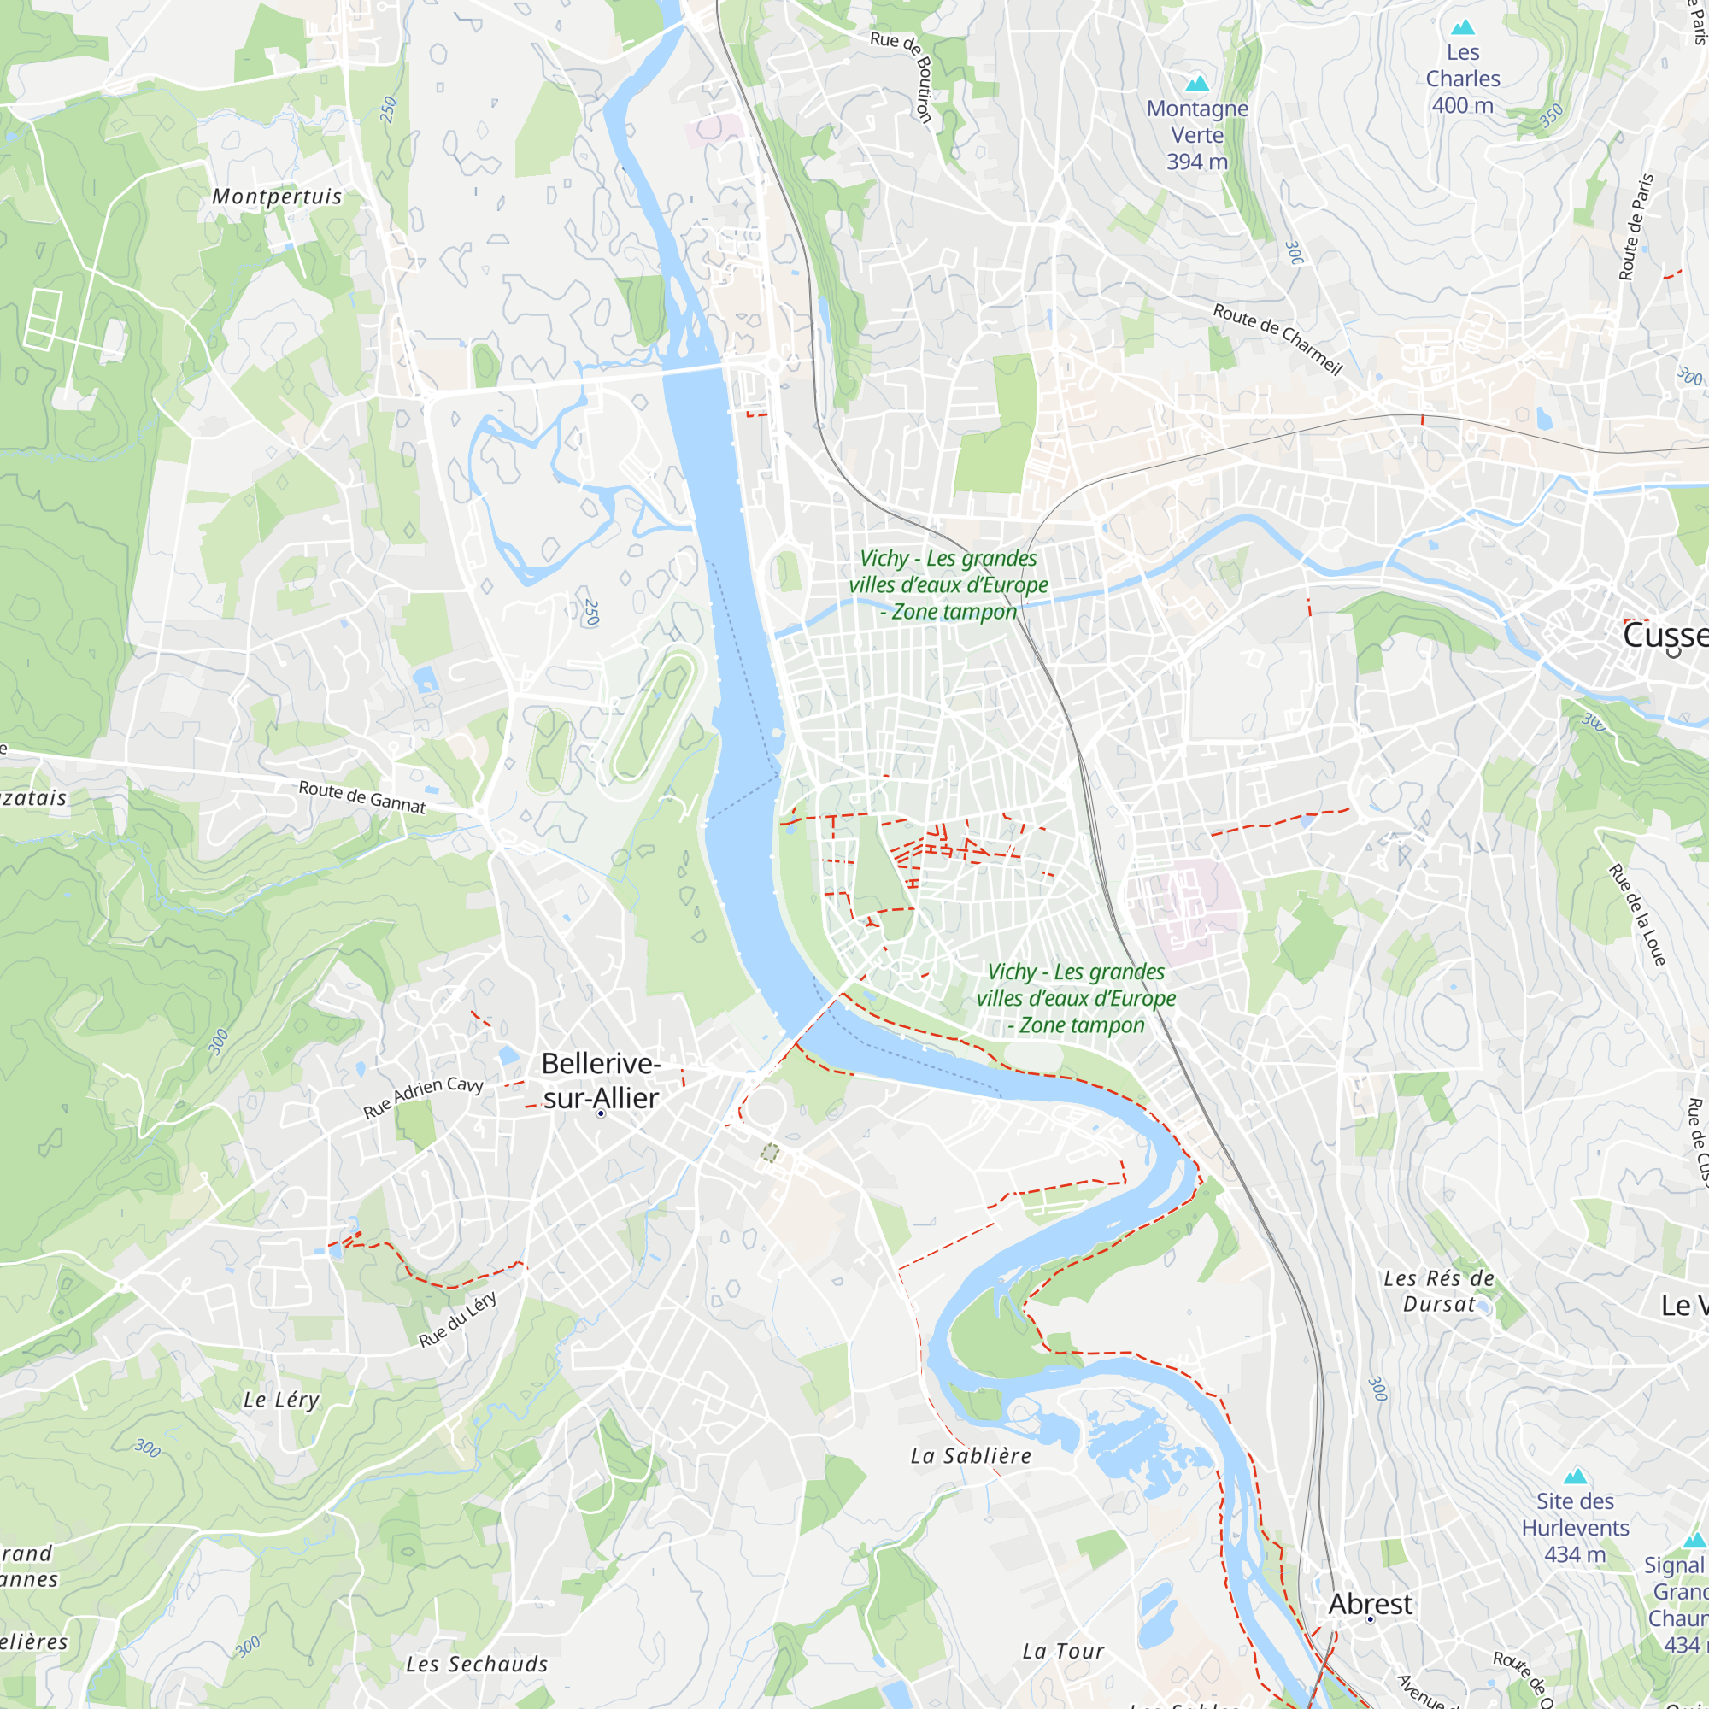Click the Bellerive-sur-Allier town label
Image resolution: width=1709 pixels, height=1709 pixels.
pyautogui.click(x=601, y=1080)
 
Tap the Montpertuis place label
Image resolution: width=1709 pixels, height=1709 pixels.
pyautogui.click(x=277, y=197)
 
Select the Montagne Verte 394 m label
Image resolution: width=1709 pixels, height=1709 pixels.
pyautogui.click(x=1197, y=134)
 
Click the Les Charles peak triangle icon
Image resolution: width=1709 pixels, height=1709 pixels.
pyautogui.click(x=1463, y=27)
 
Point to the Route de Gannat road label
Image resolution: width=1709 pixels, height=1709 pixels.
pyautogui.click(x=361, y=796)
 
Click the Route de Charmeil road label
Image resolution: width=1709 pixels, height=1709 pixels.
pyautogui.click(x=1277, y=338)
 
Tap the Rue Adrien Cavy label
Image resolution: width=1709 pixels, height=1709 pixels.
pyautogui.click(x=423, y=1097)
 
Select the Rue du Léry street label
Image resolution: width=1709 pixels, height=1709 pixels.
pyautogui.click(x=457, y=1318)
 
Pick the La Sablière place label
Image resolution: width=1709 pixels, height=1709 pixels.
pyautogui.click(x=971, y=1455)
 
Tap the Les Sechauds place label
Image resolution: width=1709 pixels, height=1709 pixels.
pyautogui.click(x=477, y=1664)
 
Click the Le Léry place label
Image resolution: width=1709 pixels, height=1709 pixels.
pyautogui.click(x=281, y=1400)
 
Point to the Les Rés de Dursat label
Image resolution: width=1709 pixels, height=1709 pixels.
pyautogui.click(x=1439, y=1290)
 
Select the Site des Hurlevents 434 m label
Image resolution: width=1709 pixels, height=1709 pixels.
pyautogui.click(x=1575, y=1528)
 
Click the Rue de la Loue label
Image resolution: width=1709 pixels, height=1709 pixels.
pyautogui.click(x=1636, y=915)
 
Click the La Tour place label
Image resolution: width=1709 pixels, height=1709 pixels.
pyautogui.click(x=1063, y=1651)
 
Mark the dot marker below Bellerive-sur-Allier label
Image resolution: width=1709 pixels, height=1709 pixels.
pyautogui.click(x=601, y=1113)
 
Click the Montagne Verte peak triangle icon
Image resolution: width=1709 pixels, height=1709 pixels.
pyautogui.click(x=1197, y=83)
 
